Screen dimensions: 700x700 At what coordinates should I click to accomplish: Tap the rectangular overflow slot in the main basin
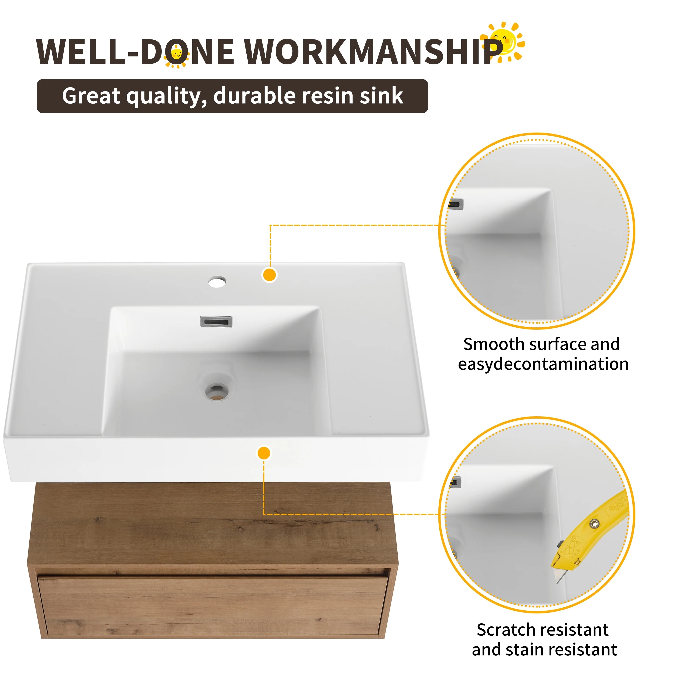[216, 321]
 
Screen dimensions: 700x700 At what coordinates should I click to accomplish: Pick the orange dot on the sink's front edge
[264, 453]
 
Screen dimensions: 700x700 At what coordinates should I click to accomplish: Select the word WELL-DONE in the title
[135, 51]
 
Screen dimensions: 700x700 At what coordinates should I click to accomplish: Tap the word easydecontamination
[543, 364]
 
